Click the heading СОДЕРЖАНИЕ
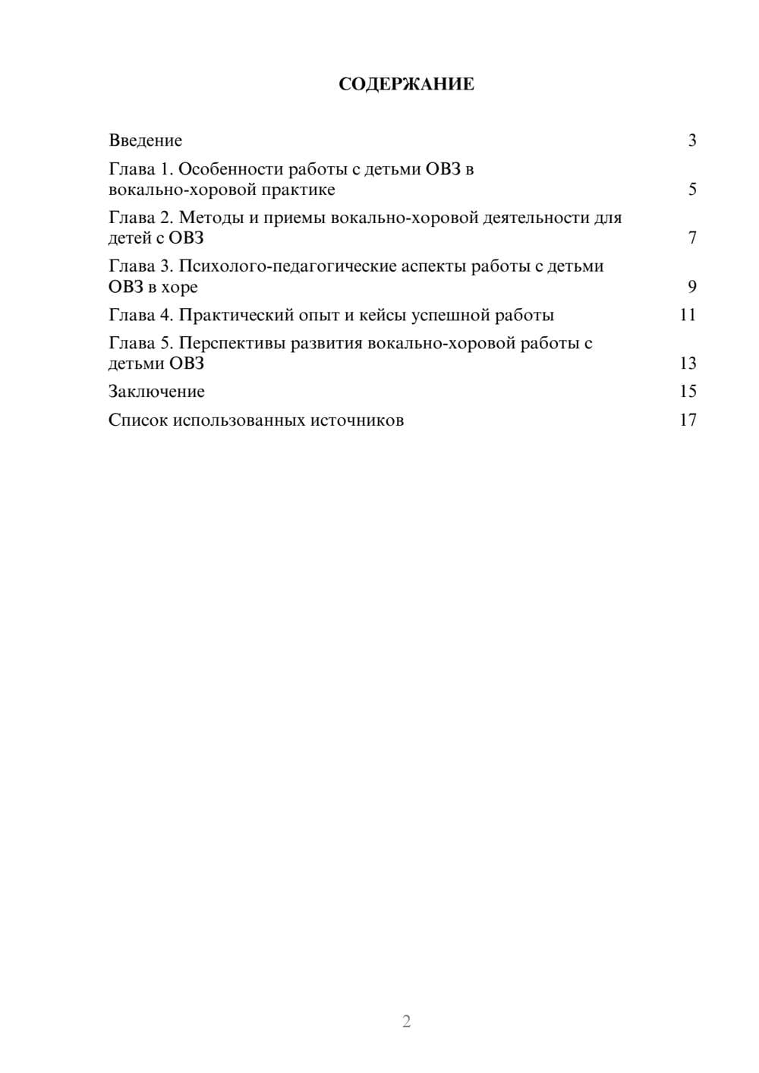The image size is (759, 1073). point(406,84)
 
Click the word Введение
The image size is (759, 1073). point(146,140)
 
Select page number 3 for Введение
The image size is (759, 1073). point(691,140)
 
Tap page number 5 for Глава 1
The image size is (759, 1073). point(691,189)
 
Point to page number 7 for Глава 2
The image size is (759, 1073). point(691,238)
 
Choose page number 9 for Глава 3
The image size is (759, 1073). point(691,287)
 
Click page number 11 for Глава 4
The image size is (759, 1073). point(688,315)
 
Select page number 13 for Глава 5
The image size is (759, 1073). point(688,363)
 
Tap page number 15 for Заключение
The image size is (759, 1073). point(688,392)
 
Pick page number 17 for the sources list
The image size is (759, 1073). point(688,420)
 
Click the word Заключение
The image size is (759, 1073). point(156,392)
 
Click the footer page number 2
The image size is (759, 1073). point(406,1021)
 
